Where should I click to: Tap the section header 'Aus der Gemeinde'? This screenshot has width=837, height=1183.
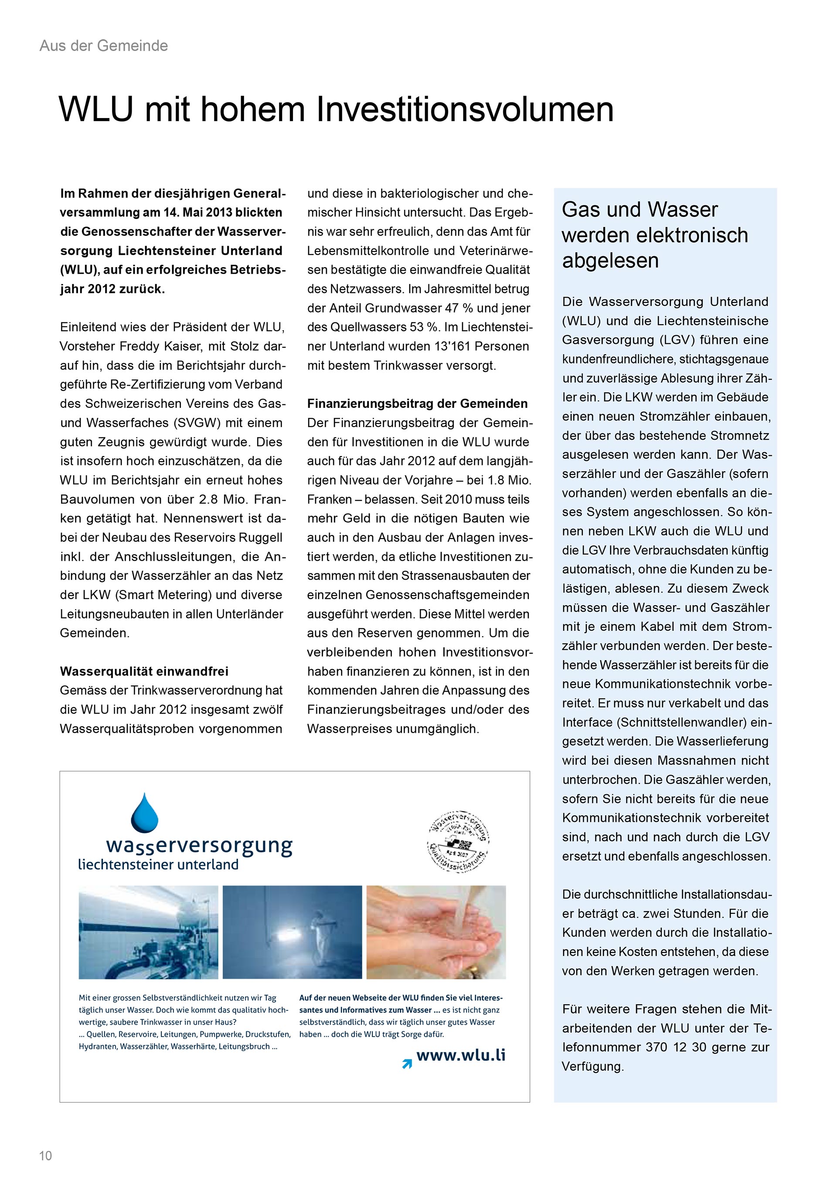pos(104,46)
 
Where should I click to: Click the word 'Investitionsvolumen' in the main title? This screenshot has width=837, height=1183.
pos(464,109)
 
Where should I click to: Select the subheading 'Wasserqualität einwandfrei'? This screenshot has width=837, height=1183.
pos(144,671)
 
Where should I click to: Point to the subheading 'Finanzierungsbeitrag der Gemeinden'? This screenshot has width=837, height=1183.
pos(418,403)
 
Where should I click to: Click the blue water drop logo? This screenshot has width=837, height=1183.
pos(145,813)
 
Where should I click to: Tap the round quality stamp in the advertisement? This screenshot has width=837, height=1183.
pos(458,841)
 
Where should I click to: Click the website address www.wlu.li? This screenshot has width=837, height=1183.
pos(461,1055)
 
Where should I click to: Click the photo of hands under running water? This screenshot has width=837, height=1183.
pos(436,932)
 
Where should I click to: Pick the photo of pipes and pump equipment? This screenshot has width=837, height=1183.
pos(148,932)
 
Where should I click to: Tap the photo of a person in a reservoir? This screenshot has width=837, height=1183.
pos(292,932)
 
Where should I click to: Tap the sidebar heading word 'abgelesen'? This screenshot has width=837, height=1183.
pos(610,260)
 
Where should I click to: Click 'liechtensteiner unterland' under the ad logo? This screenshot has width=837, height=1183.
pos(158,864)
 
